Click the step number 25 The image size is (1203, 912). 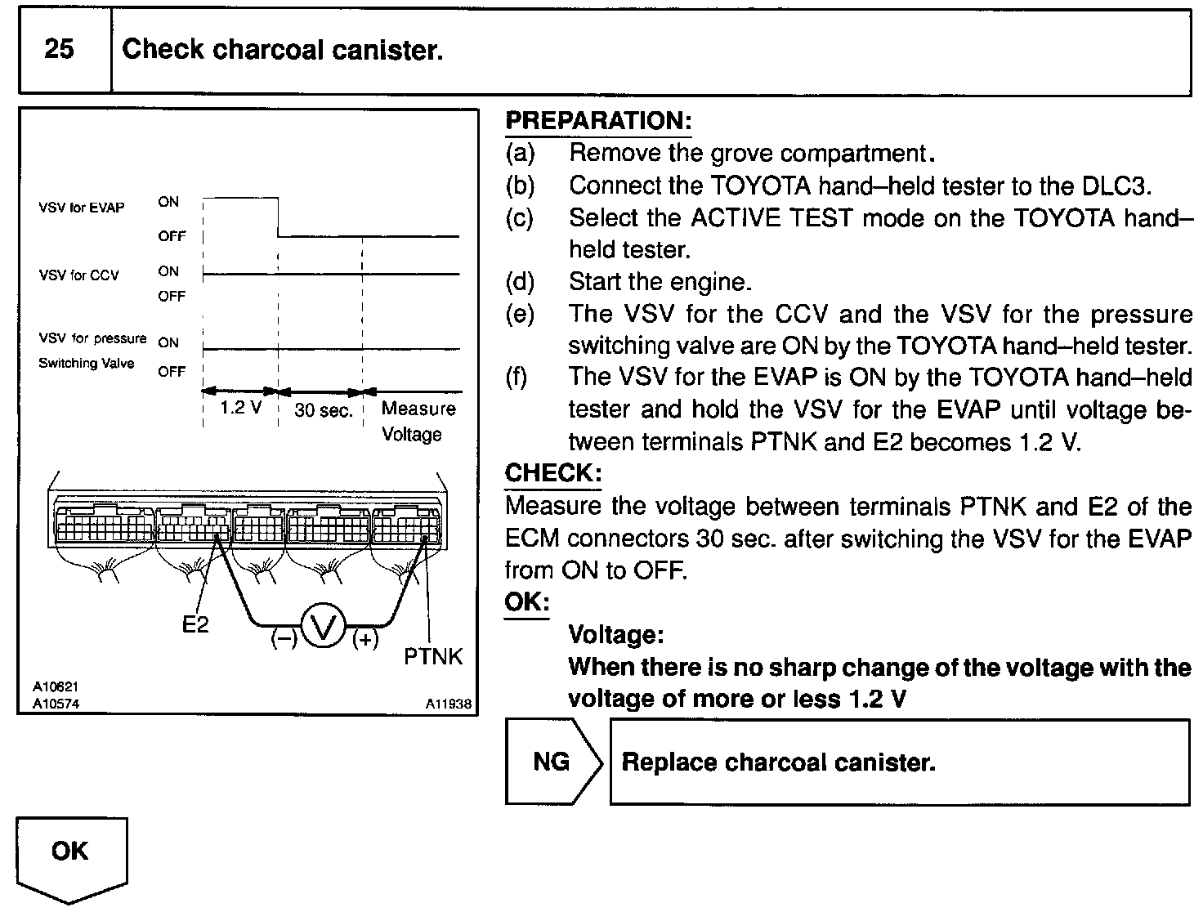tap(59, 50)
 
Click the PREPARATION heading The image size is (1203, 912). tap(598, 121)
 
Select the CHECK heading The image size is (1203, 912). tap(553, 472)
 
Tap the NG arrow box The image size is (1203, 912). tap(552, 762)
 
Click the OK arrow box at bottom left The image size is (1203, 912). tap(70, 853)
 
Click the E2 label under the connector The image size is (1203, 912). tap(195, 625)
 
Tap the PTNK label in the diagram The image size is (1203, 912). tap(433, 655)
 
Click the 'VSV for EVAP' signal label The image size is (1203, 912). tap(81, 208)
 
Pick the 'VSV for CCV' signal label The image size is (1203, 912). tap(78, 275)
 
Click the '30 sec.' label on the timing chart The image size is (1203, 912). tap(323, 411)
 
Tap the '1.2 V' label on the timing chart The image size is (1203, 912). tap(241, 408)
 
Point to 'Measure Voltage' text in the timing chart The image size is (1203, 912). tap(417, 421)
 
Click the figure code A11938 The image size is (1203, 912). tap(448, 704)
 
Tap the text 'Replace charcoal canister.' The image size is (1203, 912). tap(778, 762)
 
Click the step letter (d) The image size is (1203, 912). tap(520, 282)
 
